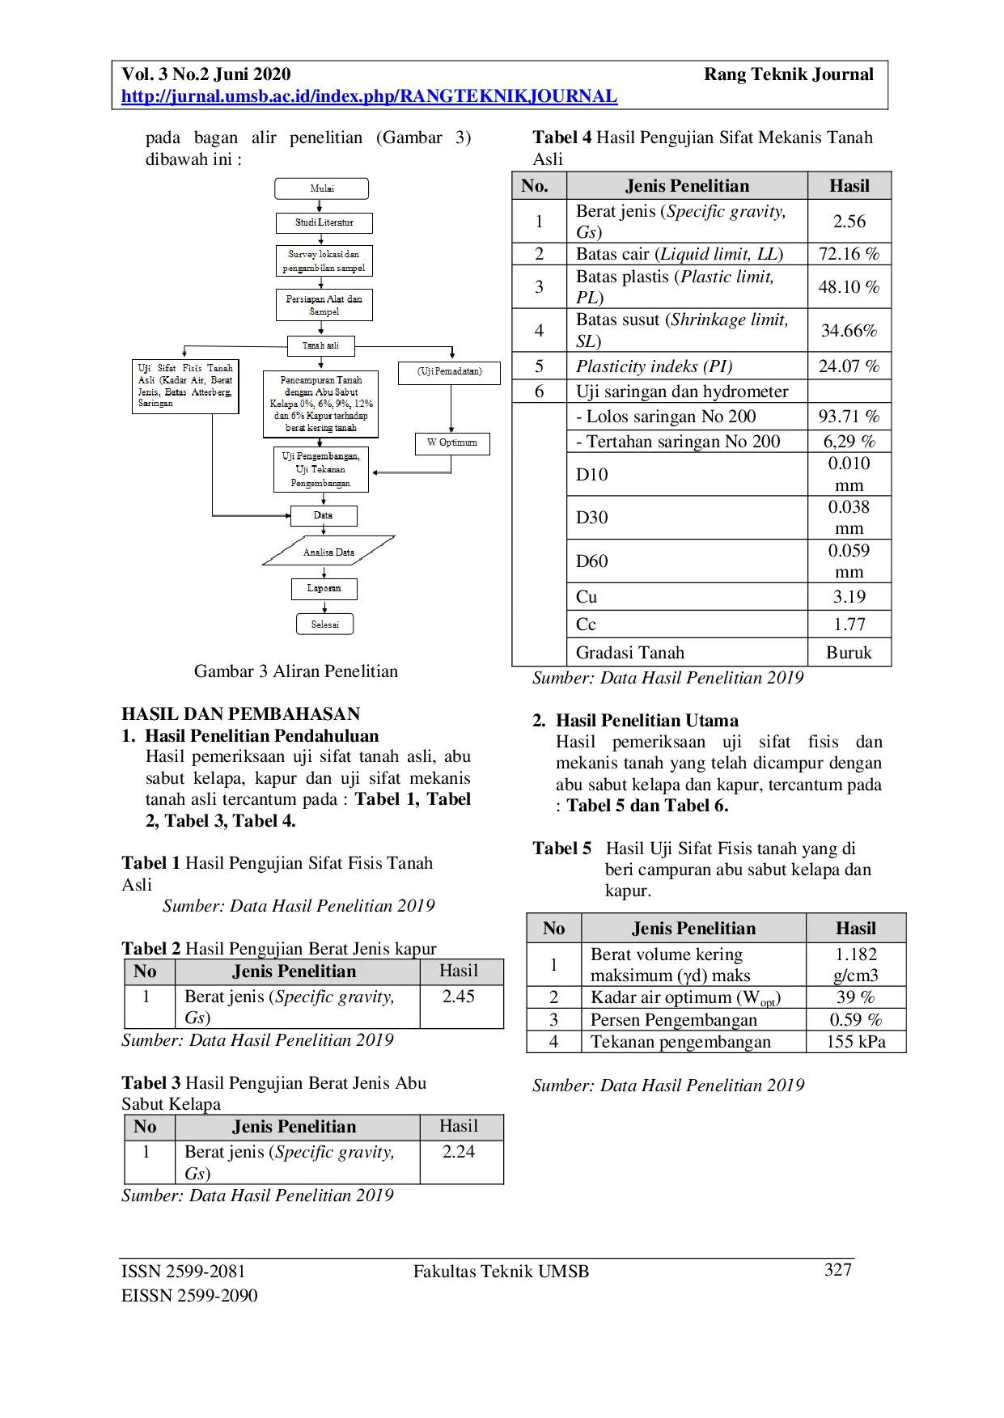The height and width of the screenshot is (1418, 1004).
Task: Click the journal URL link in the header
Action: point(369,96)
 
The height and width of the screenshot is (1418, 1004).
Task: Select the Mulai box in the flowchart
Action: point(322,188)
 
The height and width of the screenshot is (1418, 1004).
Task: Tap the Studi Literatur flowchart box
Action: point(324,222)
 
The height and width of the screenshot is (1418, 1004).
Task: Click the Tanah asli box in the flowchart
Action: point(321,345)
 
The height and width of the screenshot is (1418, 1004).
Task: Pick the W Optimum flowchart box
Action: point(452,442)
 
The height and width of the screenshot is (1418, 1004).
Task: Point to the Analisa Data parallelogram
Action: point(328,552)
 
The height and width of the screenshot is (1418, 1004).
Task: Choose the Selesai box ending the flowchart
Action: point(324,624)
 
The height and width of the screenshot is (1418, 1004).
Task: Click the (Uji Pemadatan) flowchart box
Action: point(449,371)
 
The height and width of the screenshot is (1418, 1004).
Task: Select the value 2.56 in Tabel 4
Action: point(849,221)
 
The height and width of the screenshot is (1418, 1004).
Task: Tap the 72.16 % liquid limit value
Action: point(849,254)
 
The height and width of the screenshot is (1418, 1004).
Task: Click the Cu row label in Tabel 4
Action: point(587,597)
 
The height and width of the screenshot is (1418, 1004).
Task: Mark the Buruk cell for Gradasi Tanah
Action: point(849,653)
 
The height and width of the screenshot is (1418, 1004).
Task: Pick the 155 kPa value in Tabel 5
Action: point(855,1042)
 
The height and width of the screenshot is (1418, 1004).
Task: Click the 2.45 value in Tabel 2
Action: point(458,997)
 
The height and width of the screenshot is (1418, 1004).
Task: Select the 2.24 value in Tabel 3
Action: point(458,1152)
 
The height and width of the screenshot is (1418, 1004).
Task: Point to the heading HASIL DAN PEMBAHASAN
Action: point(241,714)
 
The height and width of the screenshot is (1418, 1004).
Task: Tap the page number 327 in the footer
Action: point(837,1270)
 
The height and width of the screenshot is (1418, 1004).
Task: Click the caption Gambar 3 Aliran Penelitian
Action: point(296,671)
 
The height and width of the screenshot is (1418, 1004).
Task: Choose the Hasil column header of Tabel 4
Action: point(849,186)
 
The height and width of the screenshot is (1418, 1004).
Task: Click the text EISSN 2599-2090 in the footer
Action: point(189,1296)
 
